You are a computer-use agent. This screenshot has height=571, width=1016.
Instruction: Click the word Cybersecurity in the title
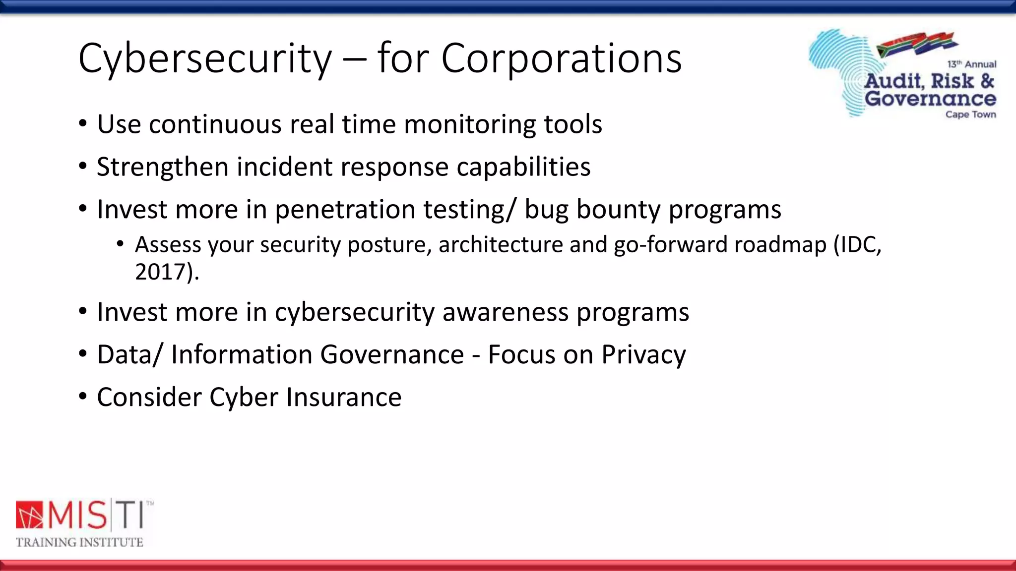coord(204,58)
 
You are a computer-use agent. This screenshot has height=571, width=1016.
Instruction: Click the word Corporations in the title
coord(561,58)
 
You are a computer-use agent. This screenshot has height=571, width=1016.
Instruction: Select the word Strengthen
coord(162,167)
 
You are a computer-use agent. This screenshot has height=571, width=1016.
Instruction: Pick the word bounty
coord(617,209)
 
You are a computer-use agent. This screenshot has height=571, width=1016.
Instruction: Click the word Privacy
coord(643,355)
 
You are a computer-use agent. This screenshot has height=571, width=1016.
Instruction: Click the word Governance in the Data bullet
coord(392,355)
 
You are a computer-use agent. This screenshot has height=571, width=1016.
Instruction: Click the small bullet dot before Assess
coord(120,244)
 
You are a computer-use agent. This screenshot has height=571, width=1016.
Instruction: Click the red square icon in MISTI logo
coord(30,515)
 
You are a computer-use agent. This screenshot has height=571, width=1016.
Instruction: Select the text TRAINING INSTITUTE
coord(79,542)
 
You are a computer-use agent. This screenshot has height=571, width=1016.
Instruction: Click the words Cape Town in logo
coord(970,114)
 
